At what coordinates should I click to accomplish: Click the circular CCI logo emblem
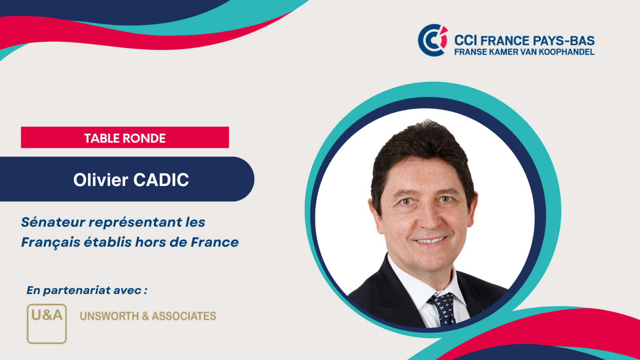432,40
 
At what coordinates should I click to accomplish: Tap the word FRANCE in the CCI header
505,41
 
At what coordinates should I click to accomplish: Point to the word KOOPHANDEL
567,52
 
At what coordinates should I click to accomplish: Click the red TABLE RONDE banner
125,137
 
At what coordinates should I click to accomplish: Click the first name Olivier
100,180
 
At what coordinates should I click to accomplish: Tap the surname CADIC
161,180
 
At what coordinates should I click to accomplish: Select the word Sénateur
53,222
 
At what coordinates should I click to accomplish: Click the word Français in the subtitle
50,242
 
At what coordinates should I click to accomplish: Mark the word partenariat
77,290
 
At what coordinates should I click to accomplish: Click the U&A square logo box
47,323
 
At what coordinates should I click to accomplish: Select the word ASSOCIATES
184,316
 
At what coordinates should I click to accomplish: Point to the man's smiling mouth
430,240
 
